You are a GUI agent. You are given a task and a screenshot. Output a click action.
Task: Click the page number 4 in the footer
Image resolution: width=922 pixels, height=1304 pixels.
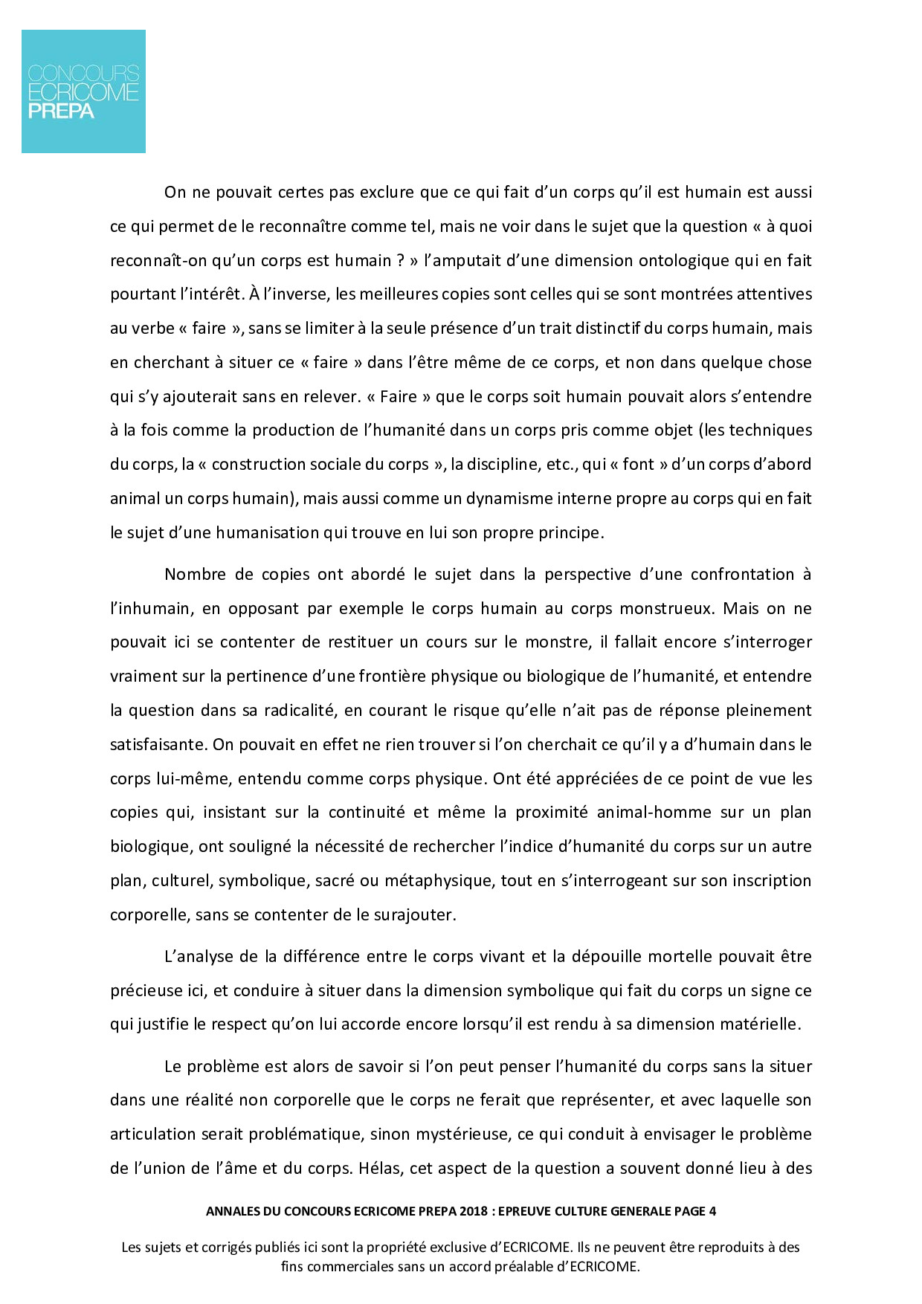pyautogui.click(x=712, y=1211)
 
